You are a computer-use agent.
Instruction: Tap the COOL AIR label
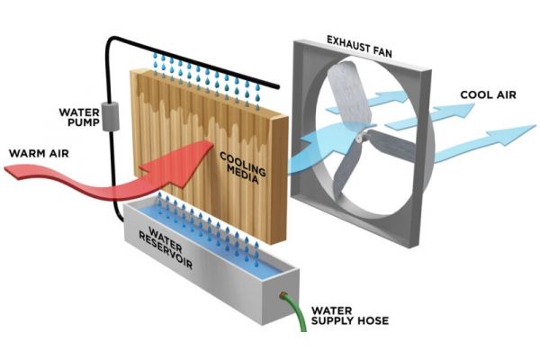coord(488,93)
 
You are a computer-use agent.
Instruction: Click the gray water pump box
coord(113,116)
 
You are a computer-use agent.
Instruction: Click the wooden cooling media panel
coord(180,117)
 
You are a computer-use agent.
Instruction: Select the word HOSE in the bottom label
coord(371,322)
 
